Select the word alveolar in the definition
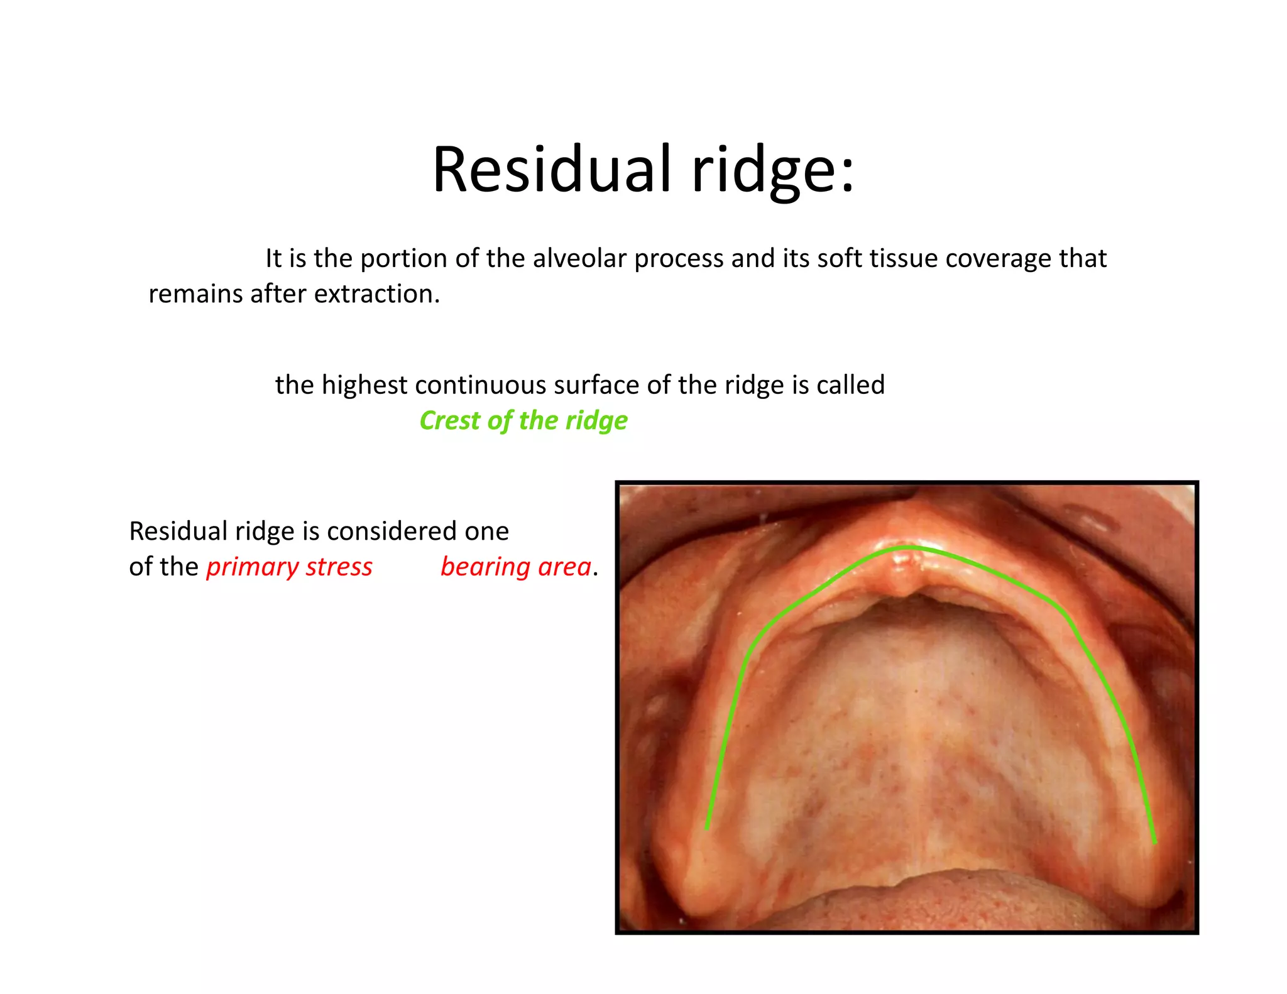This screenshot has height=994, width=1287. coord(580,258)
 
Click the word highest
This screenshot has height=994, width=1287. coord(364,385)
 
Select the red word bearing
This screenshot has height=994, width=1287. coord(485,567)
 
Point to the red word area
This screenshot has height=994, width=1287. coord(564,567)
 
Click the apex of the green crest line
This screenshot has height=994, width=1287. coord(907,547)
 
